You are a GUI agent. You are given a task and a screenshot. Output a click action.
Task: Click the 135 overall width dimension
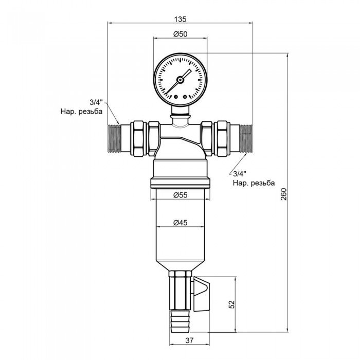pos(179,19)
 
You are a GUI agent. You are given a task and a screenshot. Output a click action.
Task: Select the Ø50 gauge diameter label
pos(179,34)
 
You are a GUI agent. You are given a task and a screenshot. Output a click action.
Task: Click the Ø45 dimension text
pos(179,223)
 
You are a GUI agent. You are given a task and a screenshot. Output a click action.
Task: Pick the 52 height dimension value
pos(232,304)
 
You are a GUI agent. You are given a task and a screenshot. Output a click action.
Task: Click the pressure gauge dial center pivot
pos(180,80)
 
